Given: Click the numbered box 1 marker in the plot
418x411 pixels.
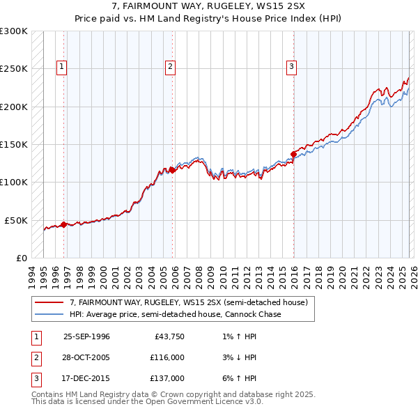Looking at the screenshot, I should pos(62,67).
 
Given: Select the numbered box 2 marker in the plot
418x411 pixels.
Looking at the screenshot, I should pos(170,67).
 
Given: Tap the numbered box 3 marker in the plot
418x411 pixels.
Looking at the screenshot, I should pos(291,67).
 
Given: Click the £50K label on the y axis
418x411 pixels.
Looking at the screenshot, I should pos(16,220).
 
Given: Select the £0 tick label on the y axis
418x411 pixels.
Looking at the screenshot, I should pos(21,258).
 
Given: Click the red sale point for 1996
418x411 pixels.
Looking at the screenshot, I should pos(63,224).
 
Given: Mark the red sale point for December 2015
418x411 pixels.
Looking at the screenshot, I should pos(293,154).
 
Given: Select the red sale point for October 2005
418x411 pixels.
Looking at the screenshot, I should pos(173,169).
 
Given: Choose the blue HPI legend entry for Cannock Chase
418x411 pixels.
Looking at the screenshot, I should pos(175,314).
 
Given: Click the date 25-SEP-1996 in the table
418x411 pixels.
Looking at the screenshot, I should pos(86,336).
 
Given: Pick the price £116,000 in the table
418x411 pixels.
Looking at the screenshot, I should pos(167,357).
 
